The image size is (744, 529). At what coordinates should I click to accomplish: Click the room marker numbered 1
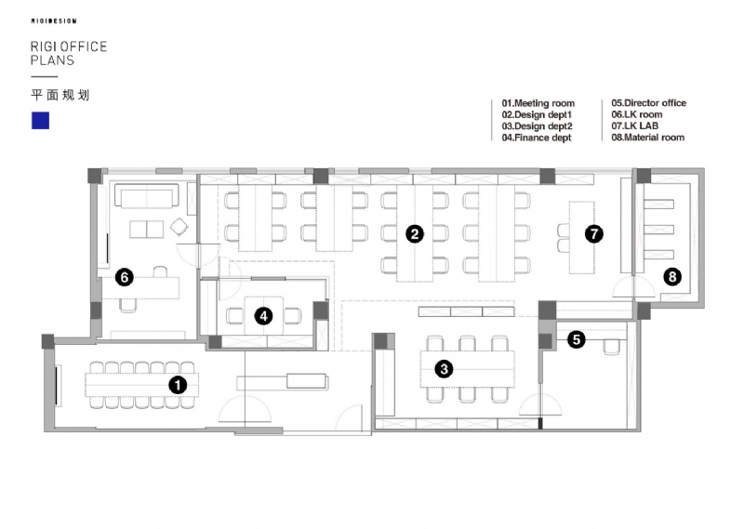[x=178, y=385]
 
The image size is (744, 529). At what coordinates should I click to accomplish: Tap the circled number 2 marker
[x=415, y=234]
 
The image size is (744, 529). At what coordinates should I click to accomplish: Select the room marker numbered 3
[x=445, y=369]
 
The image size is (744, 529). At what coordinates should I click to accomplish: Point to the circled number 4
[x=264, y=316]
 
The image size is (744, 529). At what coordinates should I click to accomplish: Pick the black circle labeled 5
[x=577, y=339]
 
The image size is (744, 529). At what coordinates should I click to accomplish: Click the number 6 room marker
[x=125, y=277]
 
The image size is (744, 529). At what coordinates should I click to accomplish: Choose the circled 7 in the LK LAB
[x=593, y=234]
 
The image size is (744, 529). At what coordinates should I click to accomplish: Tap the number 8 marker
[x=671, y=277]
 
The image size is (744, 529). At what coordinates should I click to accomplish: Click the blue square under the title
[x=40, y=121]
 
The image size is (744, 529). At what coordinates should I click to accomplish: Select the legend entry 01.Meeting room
[x=538, y=103]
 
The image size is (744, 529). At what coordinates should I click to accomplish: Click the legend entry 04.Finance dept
[x=537, y=138]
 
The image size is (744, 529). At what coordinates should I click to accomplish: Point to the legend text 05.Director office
[x=648, y=103]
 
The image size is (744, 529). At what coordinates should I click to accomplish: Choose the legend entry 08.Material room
[x=647, y=138]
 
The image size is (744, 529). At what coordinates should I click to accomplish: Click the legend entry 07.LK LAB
[x=634, y=126]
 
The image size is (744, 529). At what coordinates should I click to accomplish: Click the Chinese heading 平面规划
[x=60, y=95]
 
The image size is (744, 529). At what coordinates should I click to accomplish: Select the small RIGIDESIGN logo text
[x=54, y=20]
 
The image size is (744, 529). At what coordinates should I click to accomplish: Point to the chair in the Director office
[x=611, y=347]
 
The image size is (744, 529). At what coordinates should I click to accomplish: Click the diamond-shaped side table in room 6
[x=179, y=227]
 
